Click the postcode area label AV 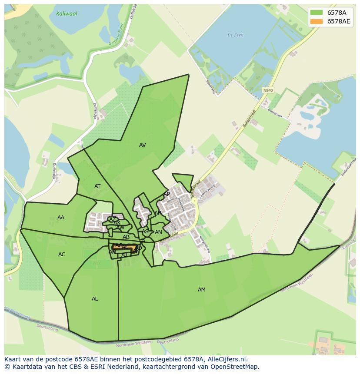point(143,145)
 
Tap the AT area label point(97,186)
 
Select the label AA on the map point(61,218)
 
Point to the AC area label point(62,255)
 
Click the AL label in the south point(95,299)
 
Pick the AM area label point(202,290)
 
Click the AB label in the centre point(126,237)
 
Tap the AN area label point(158,232)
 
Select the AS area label point(145,232)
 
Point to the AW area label point(120,228)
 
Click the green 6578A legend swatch point(317,13)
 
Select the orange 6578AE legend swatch point(317,22)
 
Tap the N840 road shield point(268,90)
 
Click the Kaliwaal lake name point(67,14)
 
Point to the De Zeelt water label point(236,35)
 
